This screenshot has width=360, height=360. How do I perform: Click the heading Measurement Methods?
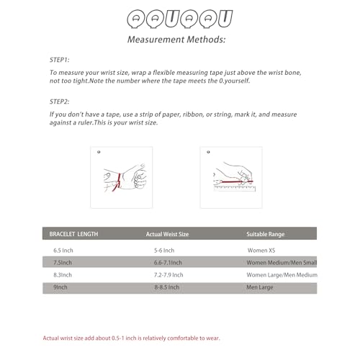176,39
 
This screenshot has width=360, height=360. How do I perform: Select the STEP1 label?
60,60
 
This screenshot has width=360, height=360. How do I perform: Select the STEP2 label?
60,102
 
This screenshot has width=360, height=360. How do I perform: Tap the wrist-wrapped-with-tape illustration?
121,177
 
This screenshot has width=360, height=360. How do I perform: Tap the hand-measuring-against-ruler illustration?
231,177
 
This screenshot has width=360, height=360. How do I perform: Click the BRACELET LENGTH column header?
73,234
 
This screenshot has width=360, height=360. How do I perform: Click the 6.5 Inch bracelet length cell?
64,249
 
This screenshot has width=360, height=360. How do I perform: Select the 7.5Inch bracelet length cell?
63,262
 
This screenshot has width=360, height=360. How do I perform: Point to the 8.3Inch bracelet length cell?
63,275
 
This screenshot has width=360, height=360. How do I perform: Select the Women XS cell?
264,249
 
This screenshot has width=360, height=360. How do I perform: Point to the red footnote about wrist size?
132,338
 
